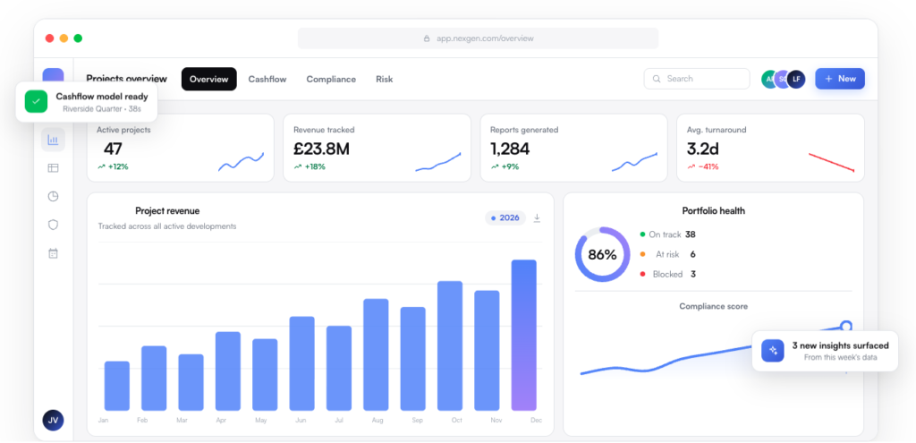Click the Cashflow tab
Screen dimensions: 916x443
click(267, 80)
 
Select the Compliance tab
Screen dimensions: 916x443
click(331, 80)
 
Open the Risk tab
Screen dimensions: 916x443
click(385, 80)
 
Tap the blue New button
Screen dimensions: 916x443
click(839, 79)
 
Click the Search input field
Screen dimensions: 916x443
click(696, 79)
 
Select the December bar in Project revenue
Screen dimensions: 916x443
click(523, 335)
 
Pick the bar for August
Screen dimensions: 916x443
click(376, 354)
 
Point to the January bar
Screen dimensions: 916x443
click(117, 386)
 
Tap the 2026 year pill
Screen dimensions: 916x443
click(505, 218)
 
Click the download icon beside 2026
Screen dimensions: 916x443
click(537, 218)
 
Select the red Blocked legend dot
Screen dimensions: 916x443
click(642, 274)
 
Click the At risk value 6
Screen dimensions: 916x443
click(693, 254)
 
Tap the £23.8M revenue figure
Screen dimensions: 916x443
click(321, 149)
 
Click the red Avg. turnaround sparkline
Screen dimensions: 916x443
click(831, 163)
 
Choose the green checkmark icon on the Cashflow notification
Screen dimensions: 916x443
click(36, 102)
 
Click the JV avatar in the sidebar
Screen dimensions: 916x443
click(53, 421)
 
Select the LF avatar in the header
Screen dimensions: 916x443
click(796, 79)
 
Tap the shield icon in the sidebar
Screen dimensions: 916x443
click(53, 225)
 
